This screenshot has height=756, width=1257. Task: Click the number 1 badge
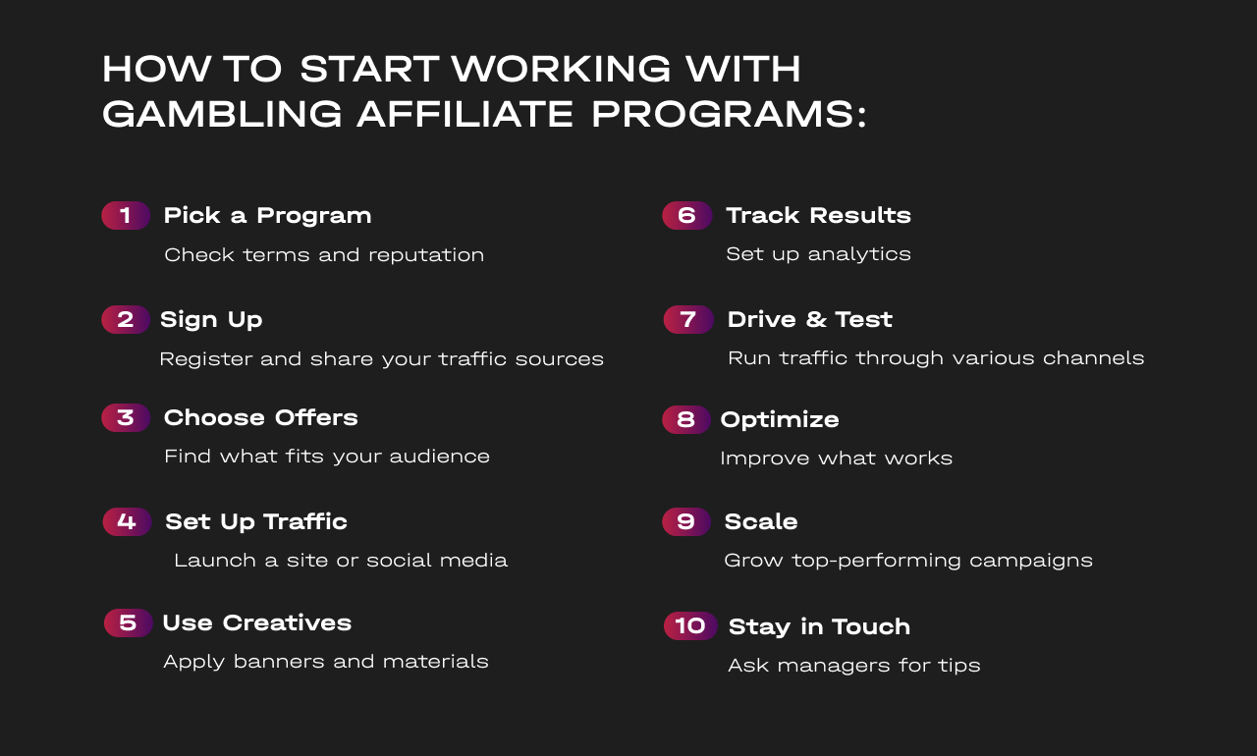tap(126, 215)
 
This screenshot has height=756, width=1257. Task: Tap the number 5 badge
tap(128, 622)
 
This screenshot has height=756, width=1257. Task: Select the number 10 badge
tap(690, 625)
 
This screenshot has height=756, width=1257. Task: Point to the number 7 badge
tap(688, 319)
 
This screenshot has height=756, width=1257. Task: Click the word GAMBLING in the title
tap(222, 114)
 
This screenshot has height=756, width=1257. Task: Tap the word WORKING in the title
tap(561, 69)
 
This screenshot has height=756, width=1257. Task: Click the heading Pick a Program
tap(268, 216)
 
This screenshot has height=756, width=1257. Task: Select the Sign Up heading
tap(211, 320)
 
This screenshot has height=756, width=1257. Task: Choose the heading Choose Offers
tap(261, 418)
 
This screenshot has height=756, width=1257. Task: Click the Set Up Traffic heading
tap(256, 522)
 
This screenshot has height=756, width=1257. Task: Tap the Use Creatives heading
tap(257, 622)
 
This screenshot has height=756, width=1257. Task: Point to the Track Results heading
tap(818, 215)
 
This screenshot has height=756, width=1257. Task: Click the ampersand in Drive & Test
tap(816, 320)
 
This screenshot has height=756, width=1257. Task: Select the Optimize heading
tap(780, 420)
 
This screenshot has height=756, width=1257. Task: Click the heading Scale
tap(761, 521)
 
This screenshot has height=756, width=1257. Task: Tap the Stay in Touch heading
tap(819, 626)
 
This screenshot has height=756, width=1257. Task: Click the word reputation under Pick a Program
tap(426, 255)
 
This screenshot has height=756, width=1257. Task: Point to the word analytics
tap(859, 254)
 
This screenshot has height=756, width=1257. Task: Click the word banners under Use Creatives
tap(279, 661)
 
